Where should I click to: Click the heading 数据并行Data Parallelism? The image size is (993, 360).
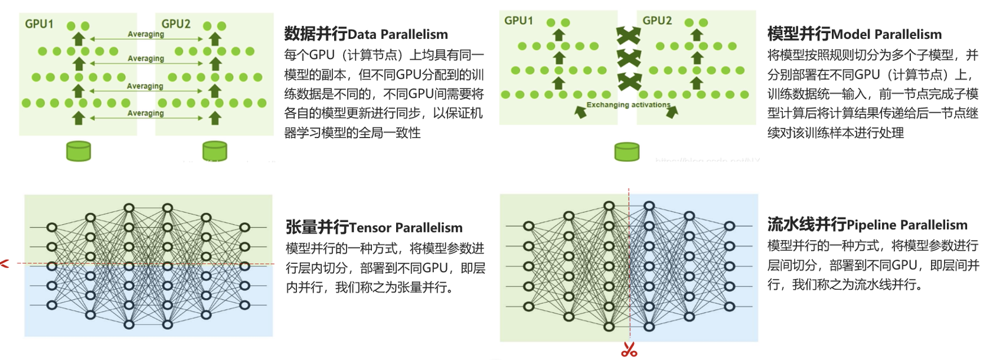point(365,34)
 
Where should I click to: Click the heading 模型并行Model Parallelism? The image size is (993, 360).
point(854,34)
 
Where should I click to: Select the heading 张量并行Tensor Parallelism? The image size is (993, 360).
point(374,227)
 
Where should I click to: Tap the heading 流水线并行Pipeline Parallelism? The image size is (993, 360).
point(867,224)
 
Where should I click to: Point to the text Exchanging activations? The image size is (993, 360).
point(628,105)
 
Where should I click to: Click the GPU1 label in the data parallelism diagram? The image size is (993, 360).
point(39,24)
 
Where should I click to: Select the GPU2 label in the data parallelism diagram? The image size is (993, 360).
point(176,24)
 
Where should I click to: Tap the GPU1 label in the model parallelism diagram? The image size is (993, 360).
point(518,21)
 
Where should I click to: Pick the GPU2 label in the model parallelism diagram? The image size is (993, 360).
point(657,21)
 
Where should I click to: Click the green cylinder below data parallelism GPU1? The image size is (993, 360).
point(79,151)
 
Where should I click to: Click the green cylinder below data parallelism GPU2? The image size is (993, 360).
point(215,151)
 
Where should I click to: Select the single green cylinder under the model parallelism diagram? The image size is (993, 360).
point(627,152)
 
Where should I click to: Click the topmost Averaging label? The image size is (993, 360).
point(146,34)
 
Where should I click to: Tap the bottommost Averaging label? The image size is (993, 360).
point(146,113)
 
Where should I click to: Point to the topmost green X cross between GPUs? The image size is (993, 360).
point(628,35)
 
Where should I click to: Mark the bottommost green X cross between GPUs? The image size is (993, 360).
point(629,81)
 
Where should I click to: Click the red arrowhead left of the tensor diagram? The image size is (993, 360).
point(5,264)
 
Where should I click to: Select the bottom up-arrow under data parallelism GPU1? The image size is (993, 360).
point(79,118)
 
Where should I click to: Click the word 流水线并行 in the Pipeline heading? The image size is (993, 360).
point(806,224)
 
